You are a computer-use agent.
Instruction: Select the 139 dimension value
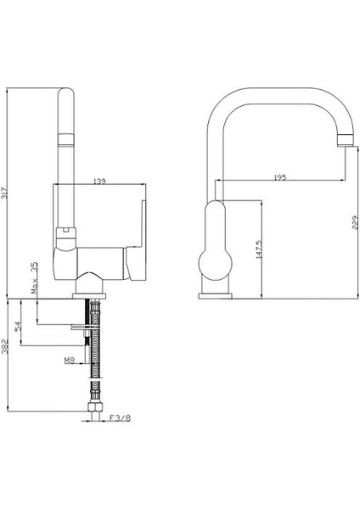pyautogui.click(x=99, y=181)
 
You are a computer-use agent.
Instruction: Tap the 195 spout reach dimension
pyautogui.click(x=279, y=177)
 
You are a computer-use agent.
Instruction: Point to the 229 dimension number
pyautogui.click(x=354, y=222)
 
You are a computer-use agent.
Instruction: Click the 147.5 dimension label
pyautogui.click(x=258, y=249)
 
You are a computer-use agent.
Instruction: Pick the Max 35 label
pyautogui.click(x=35, y=278)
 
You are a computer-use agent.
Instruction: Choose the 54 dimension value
pyautogui.click(x=18, y=326)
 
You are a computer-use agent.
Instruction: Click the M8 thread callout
pyautogui.click(x=70, y=360)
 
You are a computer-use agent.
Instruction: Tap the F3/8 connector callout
pyautogui.click(x=120, y=418)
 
